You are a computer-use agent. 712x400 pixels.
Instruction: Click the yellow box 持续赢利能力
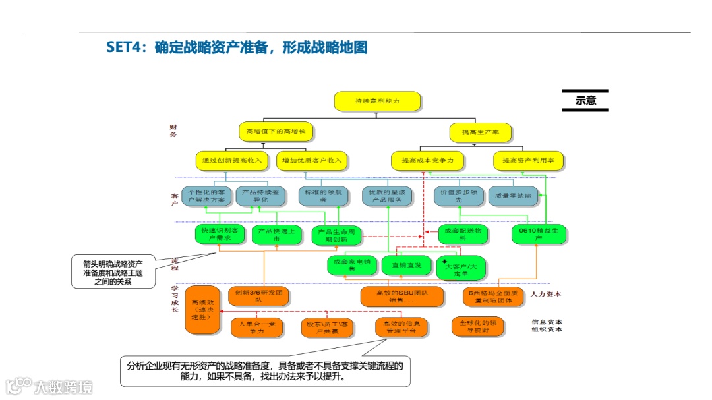tap(378, 101)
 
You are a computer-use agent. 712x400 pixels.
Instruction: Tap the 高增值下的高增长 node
tap(276, 131)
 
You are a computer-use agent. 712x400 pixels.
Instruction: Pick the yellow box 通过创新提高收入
tap(233, 160)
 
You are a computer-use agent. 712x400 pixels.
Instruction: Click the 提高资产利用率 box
tap(528, 160)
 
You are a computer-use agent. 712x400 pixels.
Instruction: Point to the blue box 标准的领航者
tap(323, 196)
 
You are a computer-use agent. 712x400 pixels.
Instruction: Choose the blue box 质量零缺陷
tap(512, 196)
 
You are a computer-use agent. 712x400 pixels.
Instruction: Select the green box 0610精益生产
tap(539, 234)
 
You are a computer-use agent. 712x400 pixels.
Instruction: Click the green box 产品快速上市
tap(276, 235)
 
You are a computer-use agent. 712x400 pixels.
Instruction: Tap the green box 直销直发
tap(406, 265)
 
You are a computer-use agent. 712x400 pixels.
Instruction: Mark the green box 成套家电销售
tap(351, 265)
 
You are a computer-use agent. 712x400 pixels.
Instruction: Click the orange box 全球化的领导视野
tap(479, 326)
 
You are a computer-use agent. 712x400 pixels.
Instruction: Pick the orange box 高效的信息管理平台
tap(402, 328)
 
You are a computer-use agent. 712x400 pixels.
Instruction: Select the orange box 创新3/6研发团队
tap(258, 296)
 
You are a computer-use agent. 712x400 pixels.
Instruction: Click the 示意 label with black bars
tap(585, 101)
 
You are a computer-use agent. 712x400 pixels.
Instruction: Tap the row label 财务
tap(173, 130)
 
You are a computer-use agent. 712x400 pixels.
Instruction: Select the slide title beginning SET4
tap(237, 47)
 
